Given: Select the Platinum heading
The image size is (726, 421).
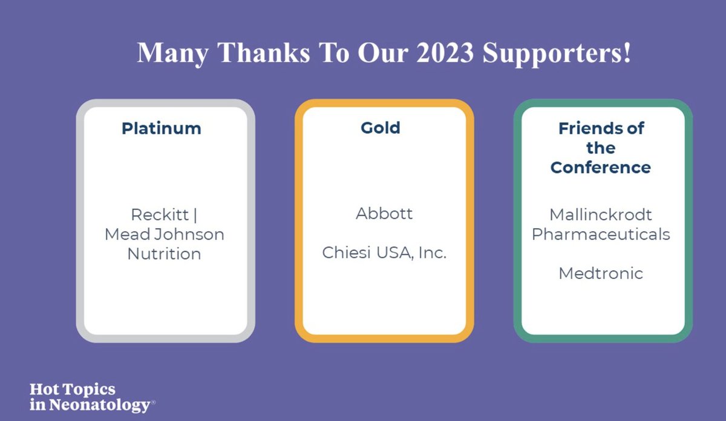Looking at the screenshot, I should point(162,128).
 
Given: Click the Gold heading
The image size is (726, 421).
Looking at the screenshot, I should point(381,128).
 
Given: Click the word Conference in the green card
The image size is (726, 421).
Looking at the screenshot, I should point(601,168).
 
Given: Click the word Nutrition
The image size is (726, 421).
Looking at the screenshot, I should point(164,254).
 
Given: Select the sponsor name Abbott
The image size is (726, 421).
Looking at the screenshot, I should point(384,214).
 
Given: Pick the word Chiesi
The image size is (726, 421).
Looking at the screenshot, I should point(347,253).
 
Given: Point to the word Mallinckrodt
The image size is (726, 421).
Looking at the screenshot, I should point(601,215).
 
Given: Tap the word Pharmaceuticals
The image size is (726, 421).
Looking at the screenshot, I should point(601,235).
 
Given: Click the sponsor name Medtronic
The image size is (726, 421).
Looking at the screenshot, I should point(601,273).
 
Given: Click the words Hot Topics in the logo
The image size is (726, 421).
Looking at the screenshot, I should point(72,390).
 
